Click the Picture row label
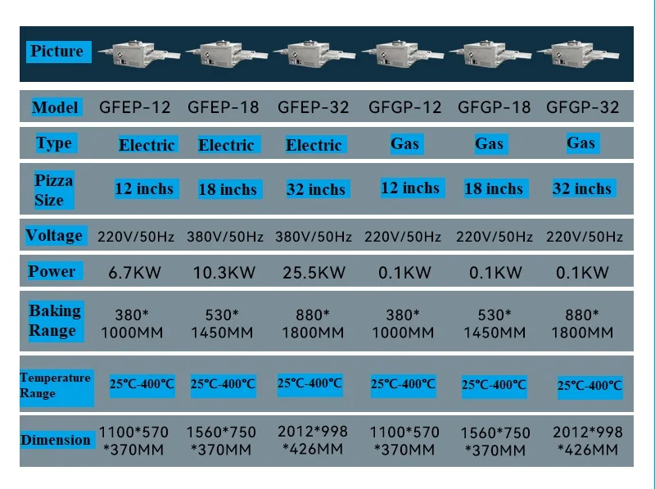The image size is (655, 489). (x=56, y=52)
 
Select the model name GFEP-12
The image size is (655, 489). (x=135, y=107)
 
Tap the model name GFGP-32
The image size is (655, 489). (x=582, y=107)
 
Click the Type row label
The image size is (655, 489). (x=54, y=143)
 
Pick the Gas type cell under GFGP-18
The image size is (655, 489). (x=489, y=144)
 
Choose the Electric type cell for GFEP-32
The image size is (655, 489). (x=314, y=145)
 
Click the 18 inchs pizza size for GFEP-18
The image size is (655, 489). (x=228, y=189)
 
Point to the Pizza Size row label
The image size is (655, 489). (x=54, y=189)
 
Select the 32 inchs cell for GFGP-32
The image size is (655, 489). (x=582, y=188)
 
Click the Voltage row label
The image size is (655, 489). (x=54, y=236)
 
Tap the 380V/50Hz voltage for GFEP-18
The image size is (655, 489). (x=226, y=237)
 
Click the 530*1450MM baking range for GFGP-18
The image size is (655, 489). (x=495, y=324)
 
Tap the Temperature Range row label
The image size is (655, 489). (x=54, y=385)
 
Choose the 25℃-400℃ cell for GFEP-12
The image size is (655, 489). (x=142, y=383)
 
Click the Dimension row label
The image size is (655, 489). (x=55, y=440)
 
